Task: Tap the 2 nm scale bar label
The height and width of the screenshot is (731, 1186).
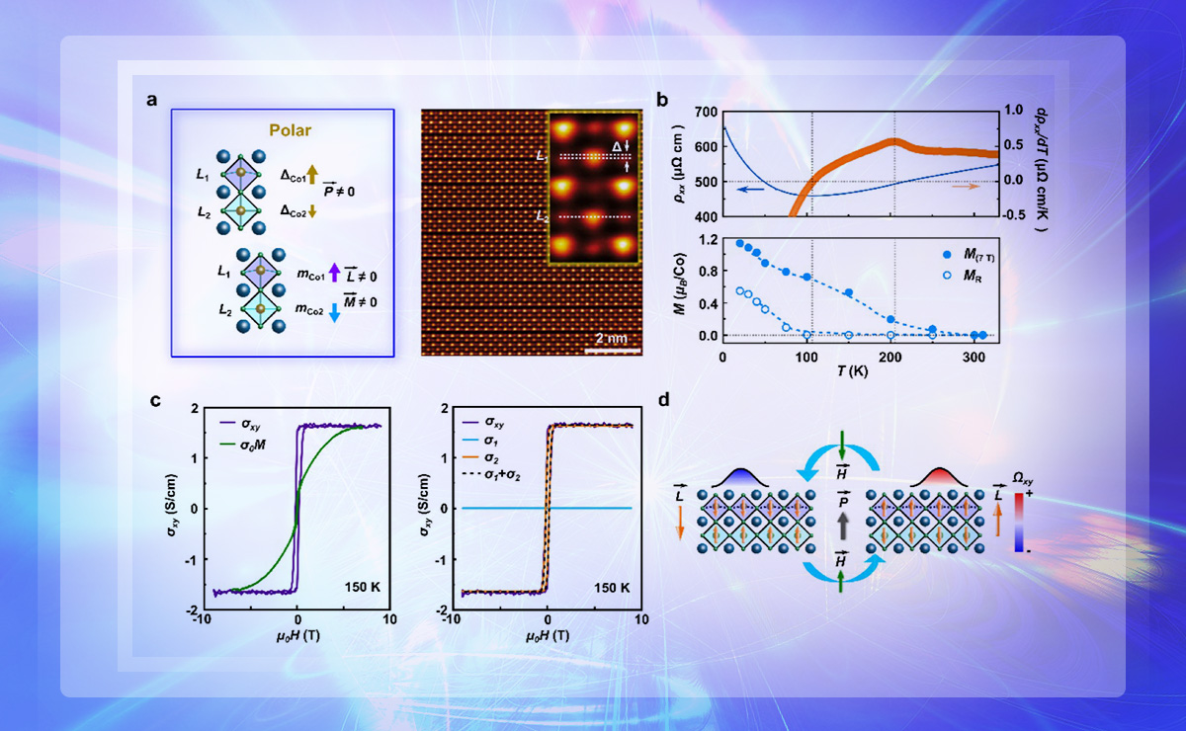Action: point(611,338)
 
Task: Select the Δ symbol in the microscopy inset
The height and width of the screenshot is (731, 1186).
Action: point(614,147)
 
